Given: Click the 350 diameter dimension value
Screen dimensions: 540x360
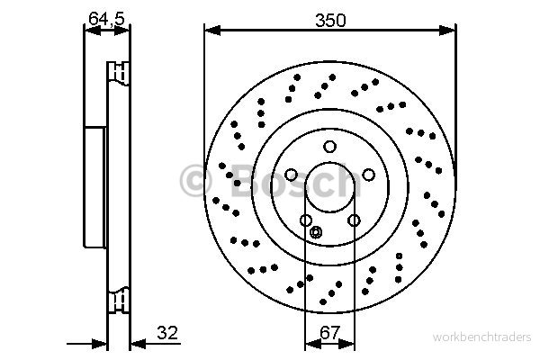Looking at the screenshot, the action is click(x=330, y=21).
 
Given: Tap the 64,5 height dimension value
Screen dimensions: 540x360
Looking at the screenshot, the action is click(x=106, y=18).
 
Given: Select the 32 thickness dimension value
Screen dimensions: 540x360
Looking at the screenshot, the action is click(x=167, y=333).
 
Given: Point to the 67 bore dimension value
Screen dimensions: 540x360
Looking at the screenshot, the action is click(x=330, y=333).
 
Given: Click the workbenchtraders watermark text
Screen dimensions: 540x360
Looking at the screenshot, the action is click(x=481, y=337).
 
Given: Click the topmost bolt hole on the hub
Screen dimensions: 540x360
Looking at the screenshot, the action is click(x=329, y=147).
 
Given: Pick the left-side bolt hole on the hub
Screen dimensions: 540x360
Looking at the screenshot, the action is click(x=291, y=175).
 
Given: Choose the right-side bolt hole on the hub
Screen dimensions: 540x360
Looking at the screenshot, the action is click(x=368, y=175).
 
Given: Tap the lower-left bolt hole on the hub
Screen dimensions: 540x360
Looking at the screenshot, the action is click(x=306, y=220).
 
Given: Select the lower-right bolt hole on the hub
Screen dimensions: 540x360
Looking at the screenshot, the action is click(x=354, y=220).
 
